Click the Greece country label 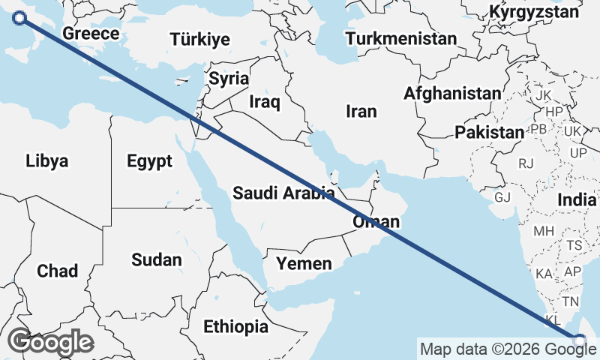[x=91, y=34]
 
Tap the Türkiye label [x=199, y=40]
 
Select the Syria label [x=229, y=78]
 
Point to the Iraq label [x=264, y=102]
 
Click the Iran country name [x=361, y=111]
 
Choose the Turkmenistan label [x=402, y=38]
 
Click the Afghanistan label [x=452, y=94]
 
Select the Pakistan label [x=489, y=133]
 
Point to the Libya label [x=46, y=160]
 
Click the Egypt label [x=149, y=160]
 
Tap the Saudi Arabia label [x=283, y=193]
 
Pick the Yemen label [x=304, y=263]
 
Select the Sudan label [x=157, y=260]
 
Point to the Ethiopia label [x=235, y=326]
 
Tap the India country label [x=577, y=200]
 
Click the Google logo [x=50, y=341]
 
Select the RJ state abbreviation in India [x=526, y=163]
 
